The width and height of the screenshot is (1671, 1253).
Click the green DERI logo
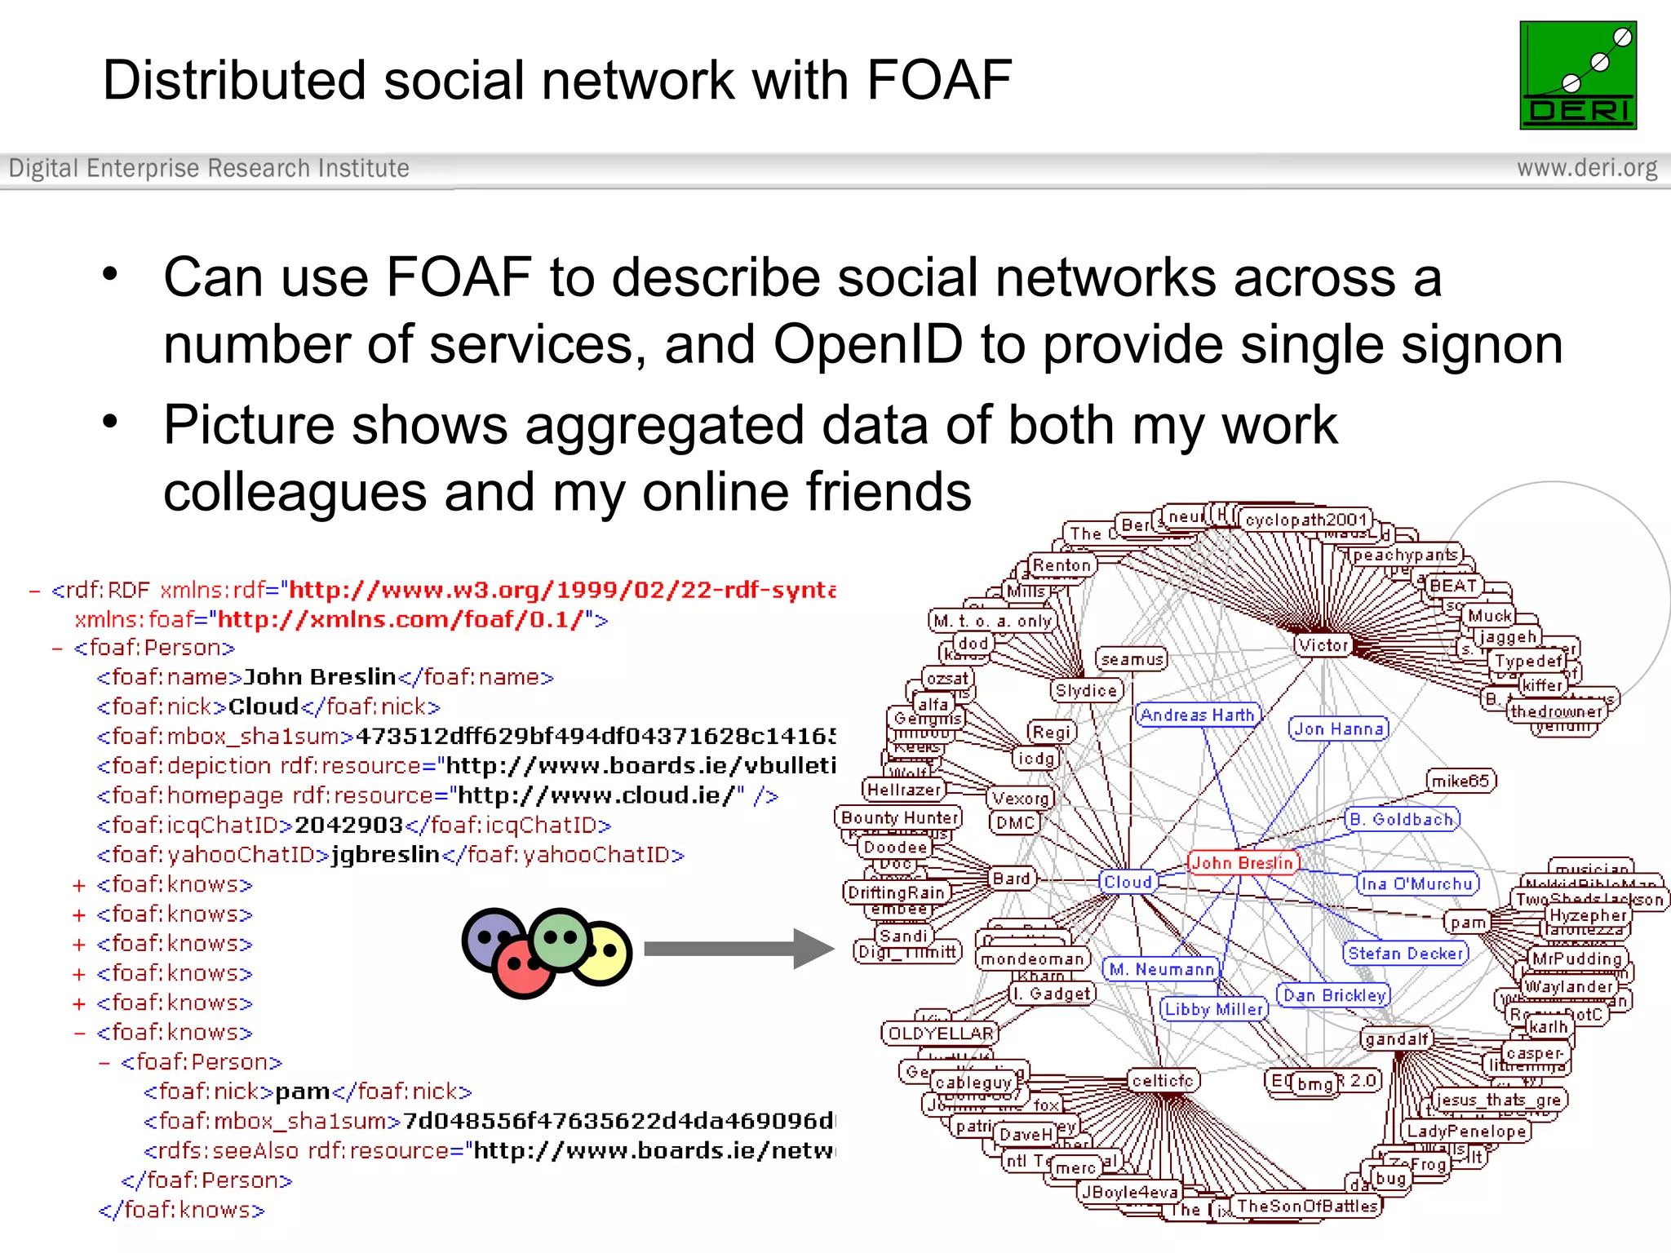click(1578, 75)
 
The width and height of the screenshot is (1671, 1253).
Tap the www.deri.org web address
click(1587, 168)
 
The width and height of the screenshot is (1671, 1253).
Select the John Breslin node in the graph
click(1242, 863)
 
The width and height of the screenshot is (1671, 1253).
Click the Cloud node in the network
click(1128, 882)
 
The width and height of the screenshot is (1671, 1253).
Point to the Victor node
click(1323, 645)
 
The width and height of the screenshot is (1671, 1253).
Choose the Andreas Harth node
click(1197, 715)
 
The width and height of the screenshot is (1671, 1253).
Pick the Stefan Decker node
click(1405, 953)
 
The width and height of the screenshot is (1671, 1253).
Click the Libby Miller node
click(1214, 1009)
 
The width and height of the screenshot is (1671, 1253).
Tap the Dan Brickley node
click(1334, 995)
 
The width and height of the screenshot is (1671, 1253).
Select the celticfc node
click(1163, 1081)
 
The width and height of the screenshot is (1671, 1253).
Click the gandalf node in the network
click(1397, 1039)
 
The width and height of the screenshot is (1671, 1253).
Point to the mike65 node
click(1460, 781)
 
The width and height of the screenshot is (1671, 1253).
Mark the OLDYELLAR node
click(941, 1034)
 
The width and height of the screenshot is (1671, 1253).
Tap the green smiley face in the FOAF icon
click(560, 937)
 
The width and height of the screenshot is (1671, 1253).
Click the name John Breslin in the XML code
click(320, 677)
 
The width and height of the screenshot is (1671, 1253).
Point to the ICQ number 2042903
click(348, 826)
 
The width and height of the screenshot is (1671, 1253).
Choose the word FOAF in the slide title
click(939, 80)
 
